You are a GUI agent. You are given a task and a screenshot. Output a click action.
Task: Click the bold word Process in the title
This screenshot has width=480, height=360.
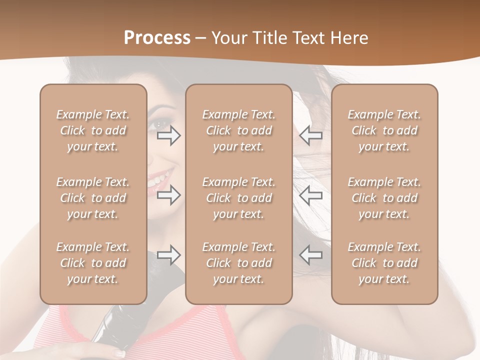157,38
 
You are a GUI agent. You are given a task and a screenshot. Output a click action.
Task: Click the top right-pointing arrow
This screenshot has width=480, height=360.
168,135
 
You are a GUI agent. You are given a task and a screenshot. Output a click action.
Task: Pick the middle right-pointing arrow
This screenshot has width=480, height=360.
168,195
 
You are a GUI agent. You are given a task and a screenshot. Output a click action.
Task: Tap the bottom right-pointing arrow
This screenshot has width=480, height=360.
168,255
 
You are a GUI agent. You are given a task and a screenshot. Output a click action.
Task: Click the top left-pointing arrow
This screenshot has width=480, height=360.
311,135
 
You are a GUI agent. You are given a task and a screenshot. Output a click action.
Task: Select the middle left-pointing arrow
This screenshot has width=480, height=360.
311,195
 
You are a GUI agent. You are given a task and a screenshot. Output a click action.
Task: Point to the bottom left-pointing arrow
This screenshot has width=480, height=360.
311,255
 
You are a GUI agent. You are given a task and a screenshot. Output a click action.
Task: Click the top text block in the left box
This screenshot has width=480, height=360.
93,130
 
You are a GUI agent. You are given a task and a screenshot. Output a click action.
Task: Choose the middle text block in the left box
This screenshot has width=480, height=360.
93,198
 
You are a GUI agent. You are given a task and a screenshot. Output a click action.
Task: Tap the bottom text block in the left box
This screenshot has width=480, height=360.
93,263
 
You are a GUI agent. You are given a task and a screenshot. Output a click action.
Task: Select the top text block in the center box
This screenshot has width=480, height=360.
238,130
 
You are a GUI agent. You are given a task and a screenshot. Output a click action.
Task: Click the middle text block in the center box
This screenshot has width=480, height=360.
238,198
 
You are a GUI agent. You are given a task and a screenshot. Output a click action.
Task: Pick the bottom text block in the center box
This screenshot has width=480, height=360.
238,263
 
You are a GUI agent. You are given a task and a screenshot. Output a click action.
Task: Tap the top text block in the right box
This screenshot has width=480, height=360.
384,130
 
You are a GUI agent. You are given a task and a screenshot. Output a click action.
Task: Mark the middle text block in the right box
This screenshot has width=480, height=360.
384,198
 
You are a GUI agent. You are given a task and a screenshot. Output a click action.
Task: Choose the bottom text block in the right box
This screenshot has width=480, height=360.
384,263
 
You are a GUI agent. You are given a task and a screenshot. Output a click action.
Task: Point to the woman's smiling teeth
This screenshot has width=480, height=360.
160,177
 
